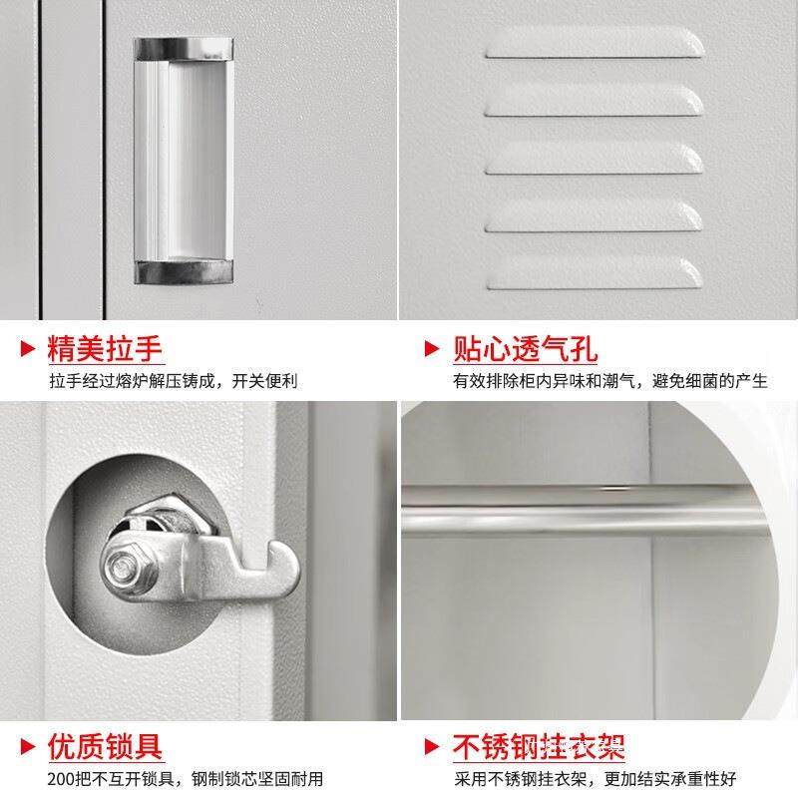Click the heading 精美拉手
tap(106, 348)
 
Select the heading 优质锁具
tap(106, 745)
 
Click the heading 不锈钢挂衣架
tap(540, 745)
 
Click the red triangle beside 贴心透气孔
tap(432, 349)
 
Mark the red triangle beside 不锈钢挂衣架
tap(432, 746)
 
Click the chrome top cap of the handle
tap(185, 47)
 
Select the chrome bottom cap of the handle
tap(185, 271)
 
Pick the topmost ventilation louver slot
tap(596, 42)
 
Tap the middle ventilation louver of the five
tap(596, 158)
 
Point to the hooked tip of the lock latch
tap(285, 570)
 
